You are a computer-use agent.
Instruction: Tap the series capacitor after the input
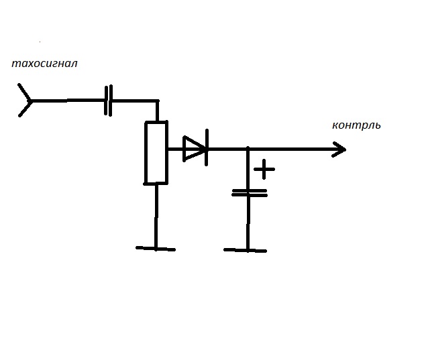coord(109,101)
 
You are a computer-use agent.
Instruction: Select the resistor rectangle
coord(156,152)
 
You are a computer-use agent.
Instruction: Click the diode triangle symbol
coord(193,149)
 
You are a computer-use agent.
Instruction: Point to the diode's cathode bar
coord(206,149)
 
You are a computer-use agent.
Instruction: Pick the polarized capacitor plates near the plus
coord(248,192)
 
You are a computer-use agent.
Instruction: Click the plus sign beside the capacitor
coord(265,169)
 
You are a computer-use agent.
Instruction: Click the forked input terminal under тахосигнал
coord(25,101)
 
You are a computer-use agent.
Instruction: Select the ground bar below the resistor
coord(156,248)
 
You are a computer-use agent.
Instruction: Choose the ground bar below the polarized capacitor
coord(246,250)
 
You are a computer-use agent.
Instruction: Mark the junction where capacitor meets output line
coord(248,149)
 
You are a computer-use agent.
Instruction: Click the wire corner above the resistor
coord(157,101)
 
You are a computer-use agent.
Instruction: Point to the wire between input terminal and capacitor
coord(67,101)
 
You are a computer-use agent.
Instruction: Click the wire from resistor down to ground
coord(156,215)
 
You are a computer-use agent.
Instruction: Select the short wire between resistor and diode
coord(174,149)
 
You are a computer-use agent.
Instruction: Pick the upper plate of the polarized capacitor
coord(248,190)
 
